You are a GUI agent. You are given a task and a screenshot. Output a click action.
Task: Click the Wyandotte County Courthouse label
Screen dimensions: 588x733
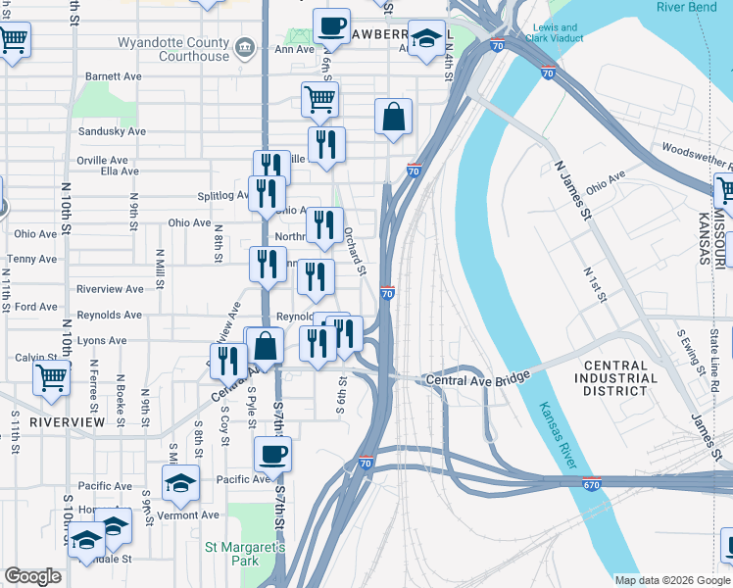coord(172,49)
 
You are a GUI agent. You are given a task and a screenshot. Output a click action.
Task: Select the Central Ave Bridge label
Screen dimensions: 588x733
coord(476,378)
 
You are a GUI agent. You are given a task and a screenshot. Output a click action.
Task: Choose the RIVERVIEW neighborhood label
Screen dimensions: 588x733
coord(67,421)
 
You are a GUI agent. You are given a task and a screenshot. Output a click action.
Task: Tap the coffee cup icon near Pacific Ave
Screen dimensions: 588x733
coord(272,454)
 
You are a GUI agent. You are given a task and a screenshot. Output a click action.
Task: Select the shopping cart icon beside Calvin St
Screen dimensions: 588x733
coord(51,375)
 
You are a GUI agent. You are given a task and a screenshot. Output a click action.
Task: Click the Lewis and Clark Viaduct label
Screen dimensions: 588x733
coord(555,34)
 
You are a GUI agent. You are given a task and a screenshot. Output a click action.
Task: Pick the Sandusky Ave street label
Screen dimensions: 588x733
coord(112,130)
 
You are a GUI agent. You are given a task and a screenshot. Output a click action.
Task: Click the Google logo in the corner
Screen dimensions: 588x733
coord(32,576)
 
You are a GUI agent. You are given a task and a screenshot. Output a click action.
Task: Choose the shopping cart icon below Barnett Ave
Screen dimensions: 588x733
coord(319,96)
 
